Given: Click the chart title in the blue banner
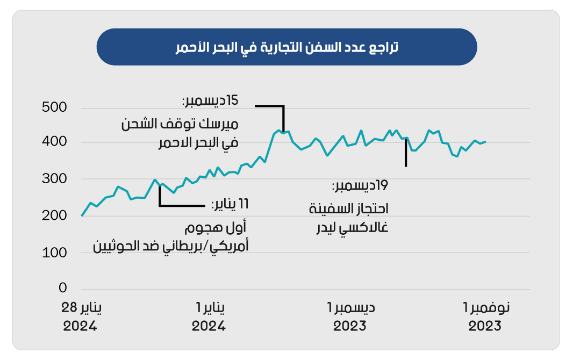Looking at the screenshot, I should pyautogui.click(x=286, y=47).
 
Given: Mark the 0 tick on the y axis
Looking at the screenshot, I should pyautogui.click(x=62, y=289).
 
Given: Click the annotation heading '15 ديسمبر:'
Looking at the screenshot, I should pyautogui.click(x=210, y=100).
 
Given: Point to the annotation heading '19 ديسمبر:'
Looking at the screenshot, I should pyautogui.click(x=361, y=186).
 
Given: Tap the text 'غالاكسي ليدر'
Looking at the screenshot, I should pyautogui.click(x=352, y=228).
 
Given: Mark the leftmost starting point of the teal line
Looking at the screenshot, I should pyautogui.click(x=82, y=215).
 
